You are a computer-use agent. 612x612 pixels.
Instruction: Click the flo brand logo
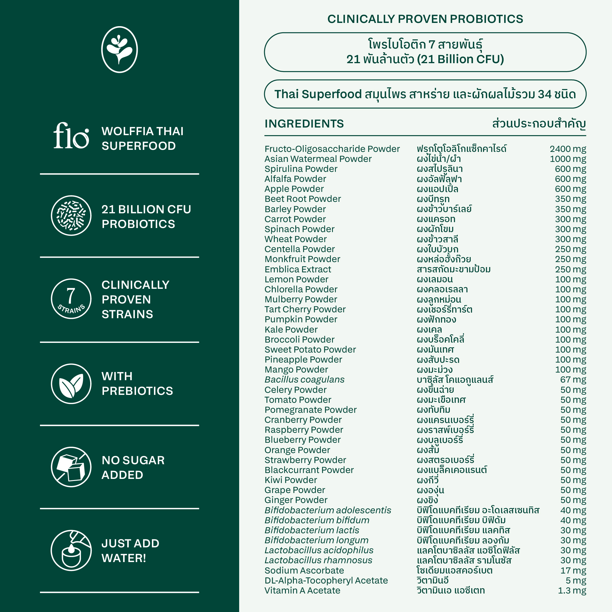71,136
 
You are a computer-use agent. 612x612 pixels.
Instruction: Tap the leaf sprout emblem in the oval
119,50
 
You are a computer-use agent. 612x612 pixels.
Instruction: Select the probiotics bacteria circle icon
71,215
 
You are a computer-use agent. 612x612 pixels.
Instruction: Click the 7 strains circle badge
71,299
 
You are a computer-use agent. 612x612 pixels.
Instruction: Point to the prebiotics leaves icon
71,384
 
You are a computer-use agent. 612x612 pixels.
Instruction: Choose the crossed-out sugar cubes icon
71,467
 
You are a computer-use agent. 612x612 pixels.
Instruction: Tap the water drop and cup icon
71,551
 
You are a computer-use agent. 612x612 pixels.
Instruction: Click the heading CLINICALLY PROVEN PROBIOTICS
425,19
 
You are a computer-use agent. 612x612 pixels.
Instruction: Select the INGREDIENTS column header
304,123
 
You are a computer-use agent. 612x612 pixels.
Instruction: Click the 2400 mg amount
568,149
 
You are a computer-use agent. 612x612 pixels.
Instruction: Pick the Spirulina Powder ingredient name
301,169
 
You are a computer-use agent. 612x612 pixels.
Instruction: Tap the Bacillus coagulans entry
304,380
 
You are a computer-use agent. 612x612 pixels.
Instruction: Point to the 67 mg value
573,380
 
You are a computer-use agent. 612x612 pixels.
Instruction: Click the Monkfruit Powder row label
302,259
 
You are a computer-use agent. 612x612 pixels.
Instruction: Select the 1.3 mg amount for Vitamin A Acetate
572,591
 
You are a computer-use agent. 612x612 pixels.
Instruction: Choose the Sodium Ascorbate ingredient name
304,571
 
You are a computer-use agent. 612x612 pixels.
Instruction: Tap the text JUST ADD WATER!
130,551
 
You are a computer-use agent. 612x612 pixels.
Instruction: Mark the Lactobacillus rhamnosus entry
318,560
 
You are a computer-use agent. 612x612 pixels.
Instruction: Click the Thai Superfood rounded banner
425,94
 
